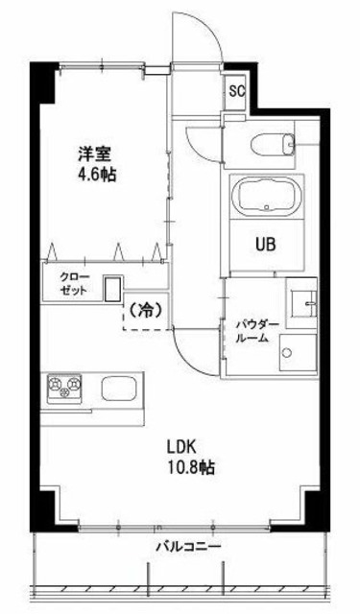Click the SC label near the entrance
point(236,93)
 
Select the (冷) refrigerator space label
point(141,312)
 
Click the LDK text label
point(181,447)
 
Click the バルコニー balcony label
point(189,546)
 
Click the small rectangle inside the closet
point(113,289)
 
